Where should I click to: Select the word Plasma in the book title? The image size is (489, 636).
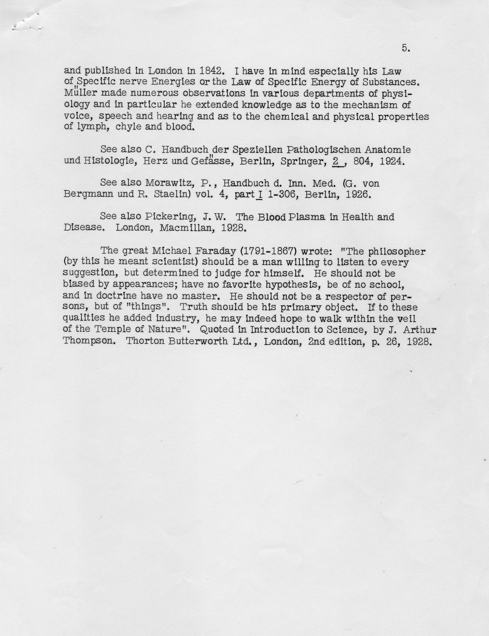(307, 217)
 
